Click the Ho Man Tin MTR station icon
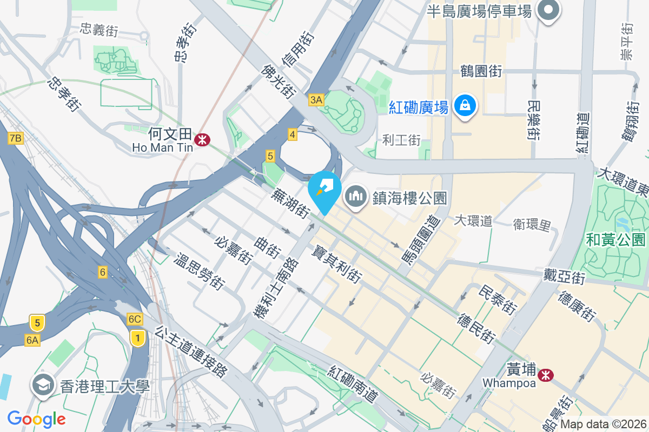pyautogui.click(x=203, y=139)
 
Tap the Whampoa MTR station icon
pyautogui.click(x=546, y=374)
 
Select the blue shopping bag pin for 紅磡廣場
pyautogui.click(x=465, y=106)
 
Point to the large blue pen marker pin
pyautogui.click(x=325, y=190)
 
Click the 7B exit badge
pyautogui.click(x=16, y=139)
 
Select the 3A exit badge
pyautogui.click(x=316, y=99)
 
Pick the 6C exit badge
pyautogui.click(x=135, y=319)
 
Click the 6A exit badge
pyautogui.click(x=32, y=340)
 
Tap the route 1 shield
pyautogui.click(x=138, y=339)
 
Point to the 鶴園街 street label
pyautogui.click(x=481, y=71)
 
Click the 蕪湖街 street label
pyautogui.click(x=292, y=202)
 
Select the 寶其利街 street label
pyautogui.click(x=336, y=264)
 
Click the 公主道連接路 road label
pyautogui.click(x=191, y=351)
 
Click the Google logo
pyautogui.click(x=36, y=418)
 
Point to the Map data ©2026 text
pyautogui.click(x=603, y=424)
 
